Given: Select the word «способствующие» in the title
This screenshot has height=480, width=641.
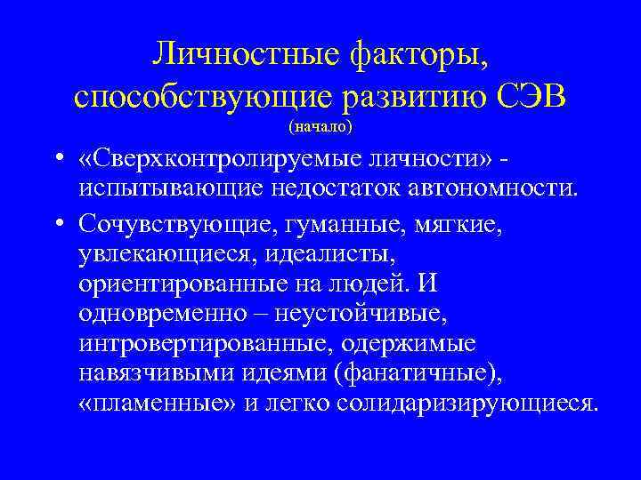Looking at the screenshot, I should [199, 95].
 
